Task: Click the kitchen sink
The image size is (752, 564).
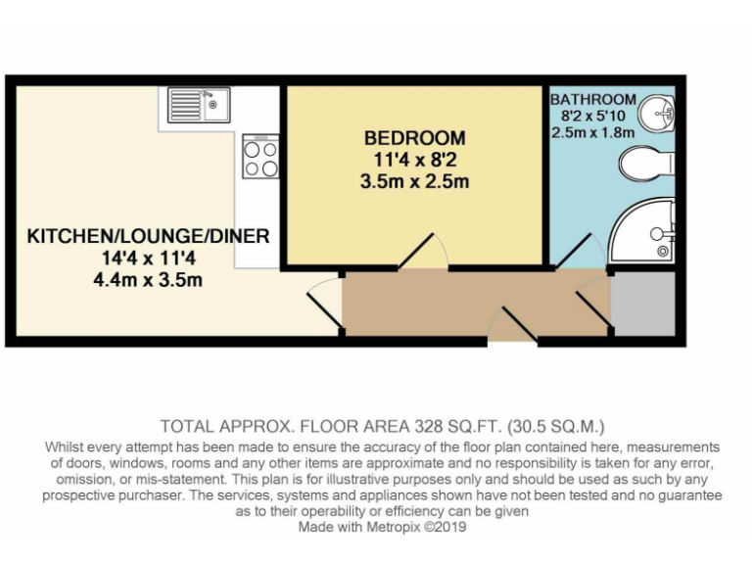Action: (199, 102)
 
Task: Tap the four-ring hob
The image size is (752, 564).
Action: (261, 158)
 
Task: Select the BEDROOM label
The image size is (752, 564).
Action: (414, 138)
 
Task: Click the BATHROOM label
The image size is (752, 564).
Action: (593, 100)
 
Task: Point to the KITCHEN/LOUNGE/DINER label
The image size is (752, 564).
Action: (148, 237)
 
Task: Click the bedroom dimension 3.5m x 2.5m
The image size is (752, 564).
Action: (414, 181)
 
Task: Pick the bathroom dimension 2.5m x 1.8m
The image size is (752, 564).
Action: (593, 131)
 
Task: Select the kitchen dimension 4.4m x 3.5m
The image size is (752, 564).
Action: (148, 280)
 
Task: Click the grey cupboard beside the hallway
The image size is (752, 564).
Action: (643, 305)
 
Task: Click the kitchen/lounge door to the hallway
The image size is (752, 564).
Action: (324, 300)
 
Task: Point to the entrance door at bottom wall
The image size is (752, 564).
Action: (513, 325)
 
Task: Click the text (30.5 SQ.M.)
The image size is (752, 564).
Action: (559, 426)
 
